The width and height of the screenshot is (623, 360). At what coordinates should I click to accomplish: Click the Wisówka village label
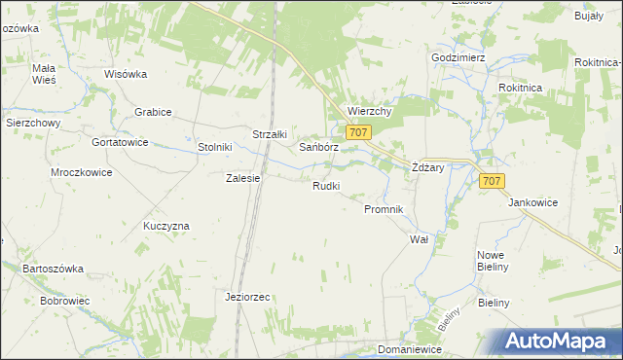pyautogui.click(x=125, y=74)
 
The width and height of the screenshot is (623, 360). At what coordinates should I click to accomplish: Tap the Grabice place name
pyautogui.click(x=154, y=112)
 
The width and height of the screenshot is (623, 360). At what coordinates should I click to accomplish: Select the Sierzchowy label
pyautogui.click(x=34, y=124)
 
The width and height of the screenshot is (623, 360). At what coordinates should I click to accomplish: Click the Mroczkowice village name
pyautogui.click(x=82, y=172)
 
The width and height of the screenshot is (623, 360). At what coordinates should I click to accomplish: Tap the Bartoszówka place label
pyautogui.click(x=54, y=268)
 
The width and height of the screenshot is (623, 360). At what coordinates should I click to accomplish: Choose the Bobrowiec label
pyautogui.click(x=65, y=301)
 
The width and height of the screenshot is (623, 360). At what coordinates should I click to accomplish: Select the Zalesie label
pyautogui.click(x=242, y=178)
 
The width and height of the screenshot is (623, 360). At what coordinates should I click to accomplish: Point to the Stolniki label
pyautogui.click(x=214, y=147)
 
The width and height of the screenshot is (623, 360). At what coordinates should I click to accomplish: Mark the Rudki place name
pyautogui.click(x=326, y=186)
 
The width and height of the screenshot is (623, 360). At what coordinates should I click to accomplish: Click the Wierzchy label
pyautogui.click(x=369, y=111)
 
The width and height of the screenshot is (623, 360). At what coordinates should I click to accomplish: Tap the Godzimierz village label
pyautogui.click(x=458, y=57)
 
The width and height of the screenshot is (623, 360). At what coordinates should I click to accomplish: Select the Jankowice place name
pyautogui.click(x=532, y=202)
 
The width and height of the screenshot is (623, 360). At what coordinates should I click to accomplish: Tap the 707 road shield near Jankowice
pyautogui.click(x=493, y=181)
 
